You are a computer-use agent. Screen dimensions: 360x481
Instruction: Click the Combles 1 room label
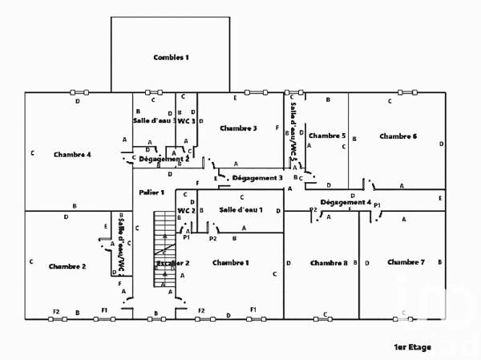click(x=171, y=57)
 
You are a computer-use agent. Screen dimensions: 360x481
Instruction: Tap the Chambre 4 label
click(x=72, y=154)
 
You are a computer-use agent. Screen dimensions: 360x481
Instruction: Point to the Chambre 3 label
click(x=238, y=128)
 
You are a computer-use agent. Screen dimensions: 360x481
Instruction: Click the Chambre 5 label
click(x=326, y=136)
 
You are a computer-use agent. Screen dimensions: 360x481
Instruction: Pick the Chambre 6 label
click(x=398, y=136)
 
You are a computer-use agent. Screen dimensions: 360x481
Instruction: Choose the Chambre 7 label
click(x=406, y=262)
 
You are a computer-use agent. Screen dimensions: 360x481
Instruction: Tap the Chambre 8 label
click(x=329, y=263)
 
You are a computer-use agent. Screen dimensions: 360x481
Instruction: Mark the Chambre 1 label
click(x=231, y=263)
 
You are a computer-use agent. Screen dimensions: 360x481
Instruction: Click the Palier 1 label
click(x=151, y=192)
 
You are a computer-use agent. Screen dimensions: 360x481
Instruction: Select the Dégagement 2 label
click(x=164, y=159)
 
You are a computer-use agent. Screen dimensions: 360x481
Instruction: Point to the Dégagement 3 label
click(x=257, y=177)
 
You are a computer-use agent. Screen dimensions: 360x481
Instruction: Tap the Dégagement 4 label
click(x=346, y=202)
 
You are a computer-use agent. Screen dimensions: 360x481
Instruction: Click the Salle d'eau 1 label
click(x=239, y=209)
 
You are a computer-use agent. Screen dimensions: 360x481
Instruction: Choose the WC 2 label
click(x=186, y=210)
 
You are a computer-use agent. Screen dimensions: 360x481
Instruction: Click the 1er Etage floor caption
click(x=412, y=347)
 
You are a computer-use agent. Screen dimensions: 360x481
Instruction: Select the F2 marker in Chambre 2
click(x=56, y=310)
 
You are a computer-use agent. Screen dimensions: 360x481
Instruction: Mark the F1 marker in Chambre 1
click(x=253, y=309)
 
